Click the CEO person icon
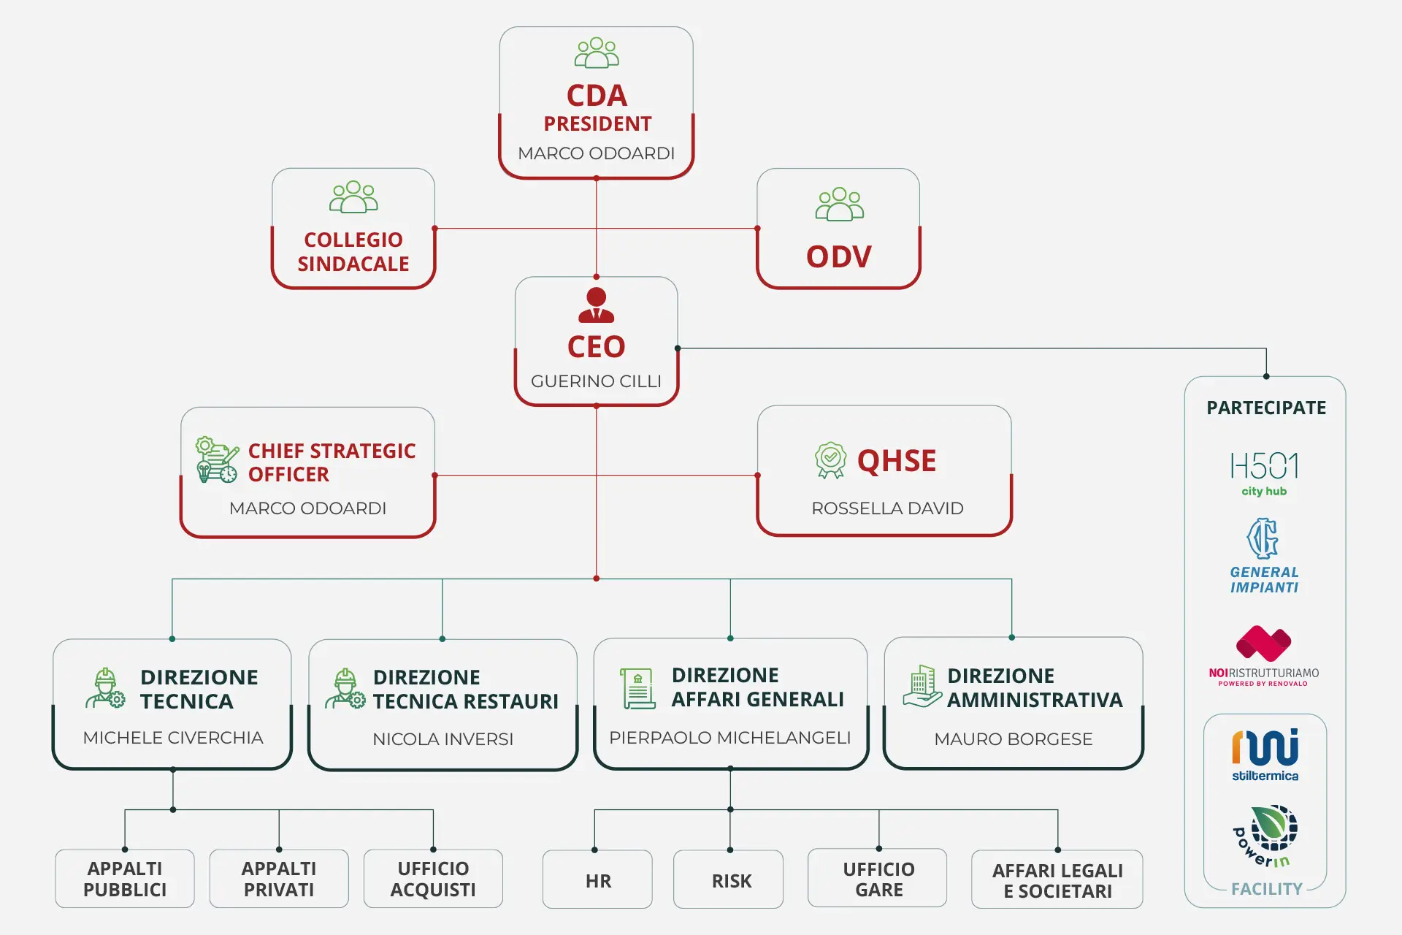(x=596, y=305)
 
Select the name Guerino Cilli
(x=596, y=381)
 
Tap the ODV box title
(x=839, y=257)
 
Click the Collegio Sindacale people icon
(x=353, y=196)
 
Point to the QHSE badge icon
(x=830, y=460)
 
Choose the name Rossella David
(x=887, y=508)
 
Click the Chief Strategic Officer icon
(x=217, y=459)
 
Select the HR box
(x=597, y=879)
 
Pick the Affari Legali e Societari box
(x=1057, y=879)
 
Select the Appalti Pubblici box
(x=125, y=879)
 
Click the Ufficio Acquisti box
(x=433, y=879)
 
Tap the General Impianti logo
(x=1264, y=556)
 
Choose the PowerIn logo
(x=1265, y=836)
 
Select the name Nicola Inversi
(x=443, y=739)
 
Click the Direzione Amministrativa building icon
(x=922, y=687)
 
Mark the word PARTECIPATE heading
(x=1266, y=408)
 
